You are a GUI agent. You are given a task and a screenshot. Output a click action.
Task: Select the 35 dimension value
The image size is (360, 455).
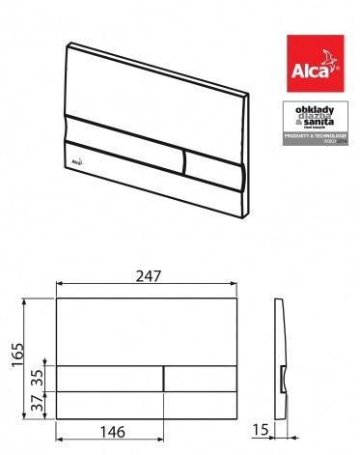tap(36, 378)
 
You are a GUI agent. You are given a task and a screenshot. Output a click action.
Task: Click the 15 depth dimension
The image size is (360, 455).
tap(261, 428)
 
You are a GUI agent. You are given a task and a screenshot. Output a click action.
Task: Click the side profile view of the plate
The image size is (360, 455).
tap(280, 357)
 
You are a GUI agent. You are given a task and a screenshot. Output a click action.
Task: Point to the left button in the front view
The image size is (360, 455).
tap(109, 378)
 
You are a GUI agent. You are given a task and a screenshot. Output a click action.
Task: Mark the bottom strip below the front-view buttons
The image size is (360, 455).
tap(147, 404)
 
